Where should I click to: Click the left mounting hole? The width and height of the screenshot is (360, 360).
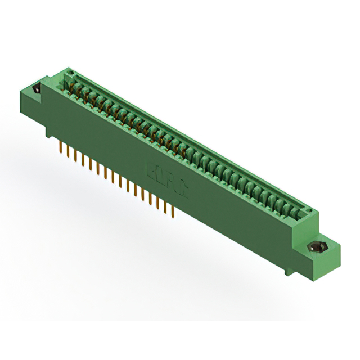click(x=38, y=89)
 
